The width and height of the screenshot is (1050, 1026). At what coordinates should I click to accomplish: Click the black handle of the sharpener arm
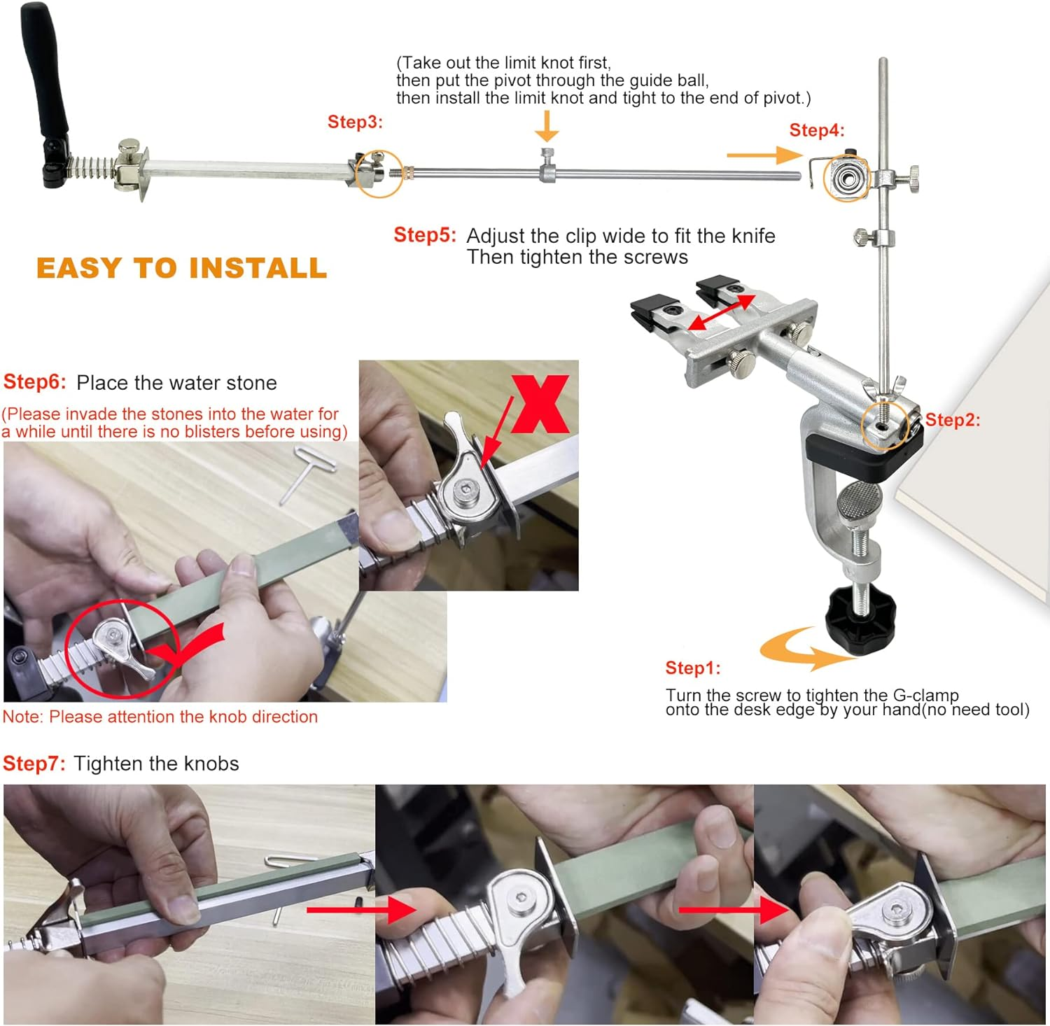pos(47,77)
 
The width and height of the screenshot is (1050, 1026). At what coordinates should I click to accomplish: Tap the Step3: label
pos(355,122)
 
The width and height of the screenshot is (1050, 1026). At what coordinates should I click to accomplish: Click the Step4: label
pos(817,130)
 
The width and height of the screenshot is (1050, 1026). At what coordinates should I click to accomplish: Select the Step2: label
pos(953,420)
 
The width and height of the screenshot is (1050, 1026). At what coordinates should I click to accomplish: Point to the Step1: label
pos(692,668)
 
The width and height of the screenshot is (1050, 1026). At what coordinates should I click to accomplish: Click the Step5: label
pos(424,235)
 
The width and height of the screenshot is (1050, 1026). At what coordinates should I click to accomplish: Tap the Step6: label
pos(34,382)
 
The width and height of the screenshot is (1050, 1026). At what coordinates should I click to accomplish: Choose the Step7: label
pos(34,764)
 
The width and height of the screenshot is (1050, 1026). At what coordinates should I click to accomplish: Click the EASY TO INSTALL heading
pos(181,268)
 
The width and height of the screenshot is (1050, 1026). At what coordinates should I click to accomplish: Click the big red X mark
pos(540,404)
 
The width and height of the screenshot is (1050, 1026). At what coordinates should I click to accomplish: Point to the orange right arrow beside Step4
pos(763,155)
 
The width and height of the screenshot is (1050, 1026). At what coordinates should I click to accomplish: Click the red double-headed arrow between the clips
pos(721,312)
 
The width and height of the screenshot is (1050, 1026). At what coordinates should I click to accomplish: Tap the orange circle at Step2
pos(885,425)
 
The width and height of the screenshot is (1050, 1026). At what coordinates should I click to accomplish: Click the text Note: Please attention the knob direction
pos(160,717)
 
